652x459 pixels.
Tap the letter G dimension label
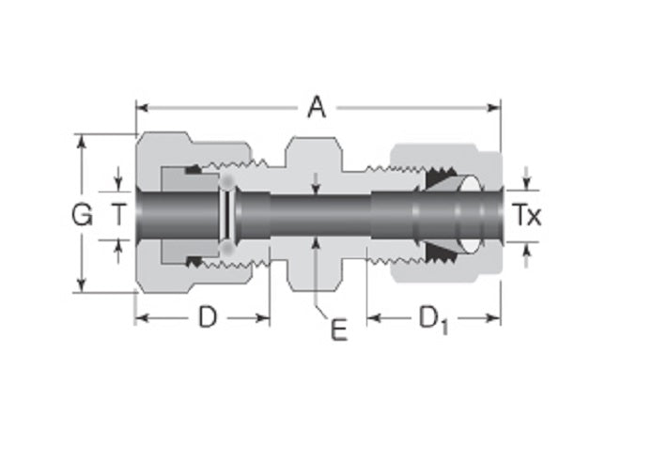(83, 216)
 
